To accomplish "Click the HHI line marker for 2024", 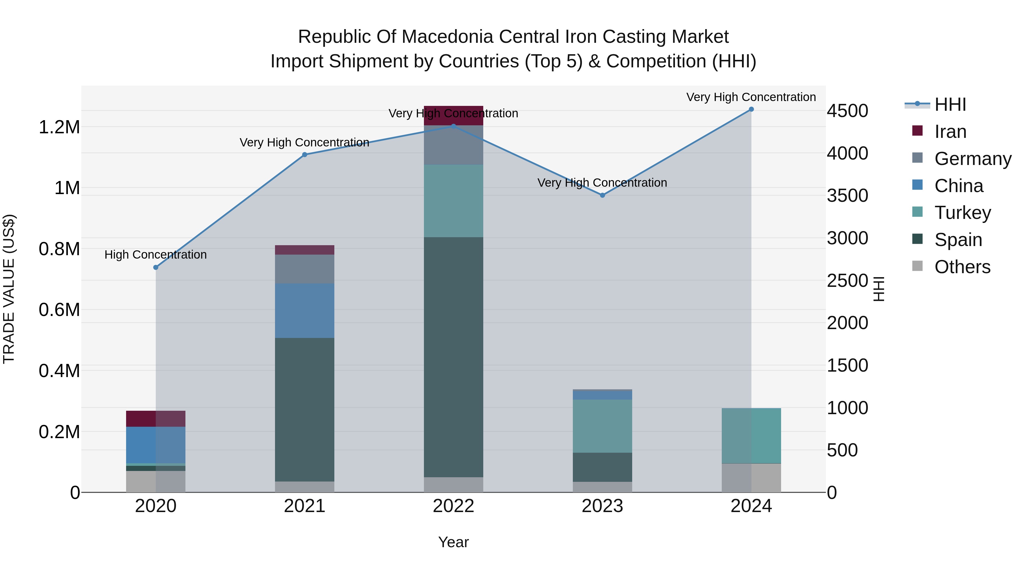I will (x=751, y=109).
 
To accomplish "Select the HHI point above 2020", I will (x=156, y=267).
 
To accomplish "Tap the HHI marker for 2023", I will (x=603, y=195).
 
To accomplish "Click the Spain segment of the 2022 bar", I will (x=453, y=357).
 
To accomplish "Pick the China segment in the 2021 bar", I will (x=305, y=311).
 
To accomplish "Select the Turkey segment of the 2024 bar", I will (x=751, y=436).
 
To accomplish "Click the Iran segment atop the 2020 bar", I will (x=156, y=418).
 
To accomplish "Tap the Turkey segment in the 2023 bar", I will (x=603, y=426).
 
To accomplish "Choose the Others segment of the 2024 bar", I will (x=751, y=478).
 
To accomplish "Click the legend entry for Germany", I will (x=973, y=159).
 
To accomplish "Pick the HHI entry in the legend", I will (x=950, y=104).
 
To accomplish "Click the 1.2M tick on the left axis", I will (x=59, y=127).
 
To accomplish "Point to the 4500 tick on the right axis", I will (x=847, y=111).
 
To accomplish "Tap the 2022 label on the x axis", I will (x=453, y=506).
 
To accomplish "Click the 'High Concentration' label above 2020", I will (x=155, y=255).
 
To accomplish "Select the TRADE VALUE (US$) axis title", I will (x=9, y=289).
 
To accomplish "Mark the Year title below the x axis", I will (x=453, y=542).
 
